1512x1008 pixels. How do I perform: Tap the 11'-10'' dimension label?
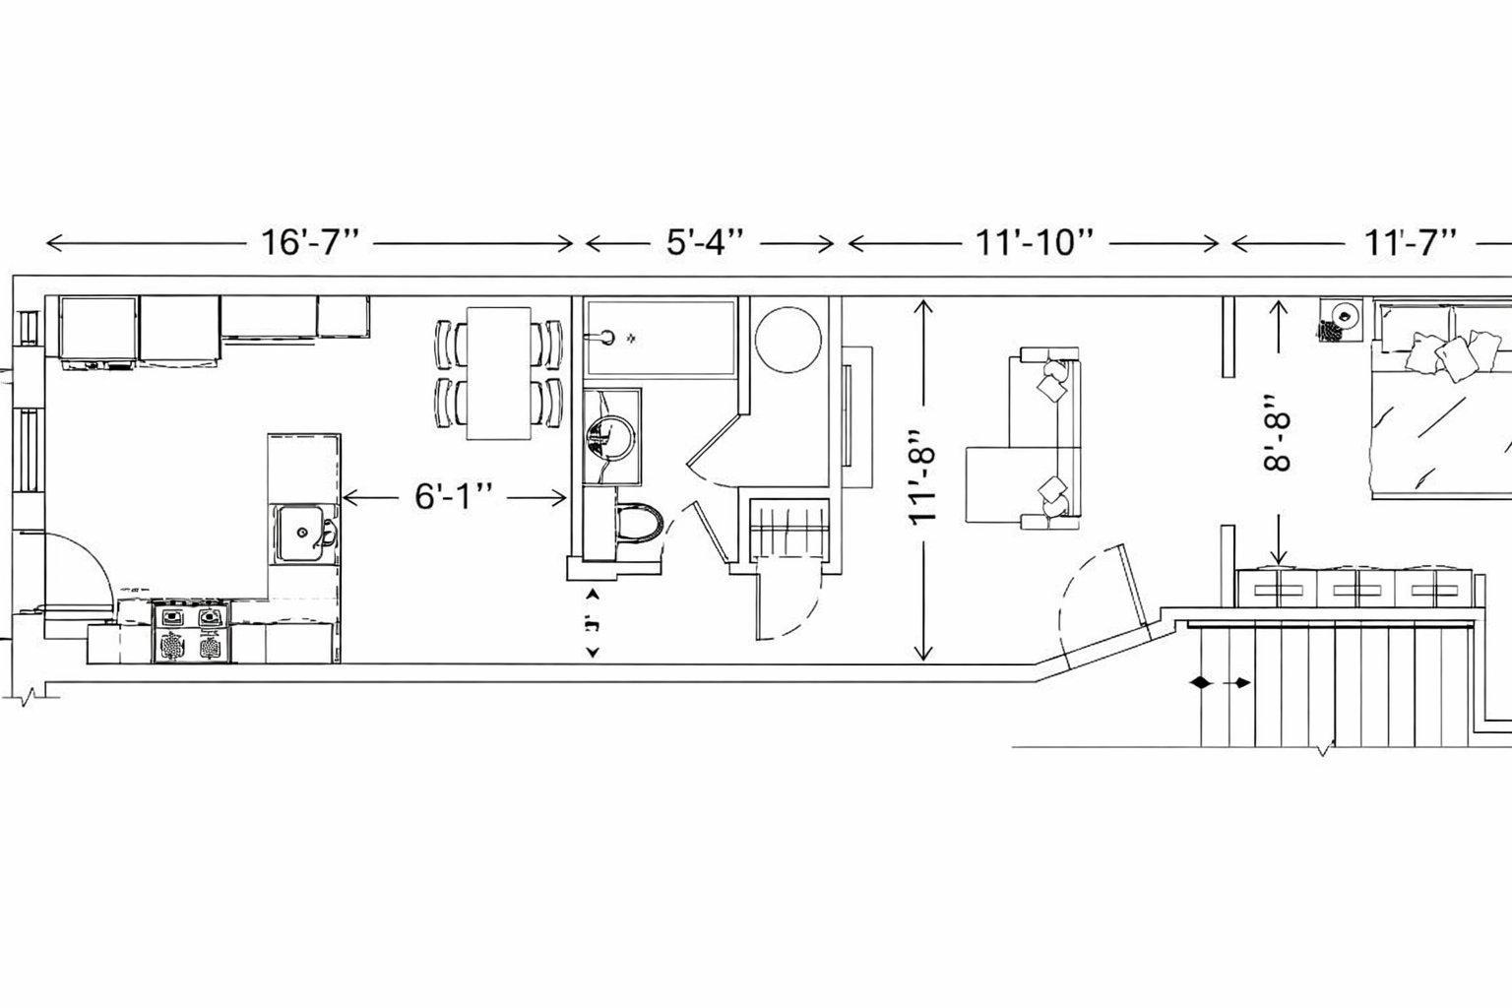click(1038, 242)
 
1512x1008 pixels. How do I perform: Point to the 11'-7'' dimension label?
click(1409, 242)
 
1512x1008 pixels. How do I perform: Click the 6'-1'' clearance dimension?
click(453, 498)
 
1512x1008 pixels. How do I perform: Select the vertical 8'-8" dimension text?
click(1278, 433)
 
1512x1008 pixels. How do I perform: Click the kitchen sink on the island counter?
click(304, 533)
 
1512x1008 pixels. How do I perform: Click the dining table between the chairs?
click(498, 374)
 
